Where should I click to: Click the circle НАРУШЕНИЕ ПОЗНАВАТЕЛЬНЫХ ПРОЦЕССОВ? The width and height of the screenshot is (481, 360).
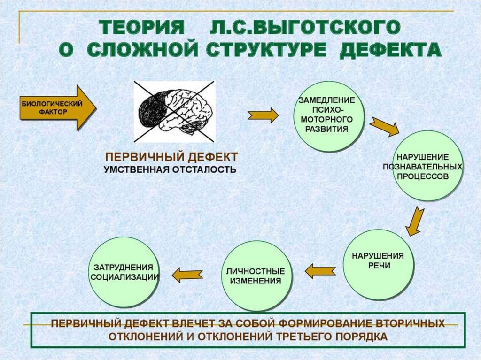pyautogui.click(x=428, y=166)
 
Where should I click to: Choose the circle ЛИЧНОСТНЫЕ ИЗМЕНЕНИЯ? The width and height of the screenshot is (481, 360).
pyautogui.click(x=256, y=276)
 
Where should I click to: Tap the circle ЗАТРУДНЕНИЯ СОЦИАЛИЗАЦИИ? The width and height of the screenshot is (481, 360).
pyautogui.click(x=124, y=272)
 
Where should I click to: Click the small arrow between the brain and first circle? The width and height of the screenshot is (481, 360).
pyautogui.click(x=263, y=115)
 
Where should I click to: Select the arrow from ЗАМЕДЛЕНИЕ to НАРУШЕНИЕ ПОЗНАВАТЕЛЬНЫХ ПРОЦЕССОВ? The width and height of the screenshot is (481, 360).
pyautogui.click(x=384, y=126)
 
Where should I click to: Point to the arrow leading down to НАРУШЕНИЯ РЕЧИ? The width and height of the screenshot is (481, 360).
pyautogui.click(x=415, y=222)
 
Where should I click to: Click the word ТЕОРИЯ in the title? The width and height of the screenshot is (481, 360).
pyautogui.click(x=141, y=28)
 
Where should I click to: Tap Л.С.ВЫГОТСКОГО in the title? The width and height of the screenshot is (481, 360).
pyautogui.click(x=305, y=27)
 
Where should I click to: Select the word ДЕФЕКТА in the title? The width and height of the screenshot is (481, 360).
pyautogui.click(x=390, y=50)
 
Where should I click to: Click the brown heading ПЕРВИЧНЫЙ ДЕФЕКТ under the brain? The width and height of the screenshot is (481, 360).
pyautogui.click(x=171, y=157)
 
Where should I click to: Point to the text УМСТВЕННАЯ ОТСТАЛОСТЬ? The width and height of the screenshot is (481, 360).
pyautogui.click(x=170, y=169)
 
